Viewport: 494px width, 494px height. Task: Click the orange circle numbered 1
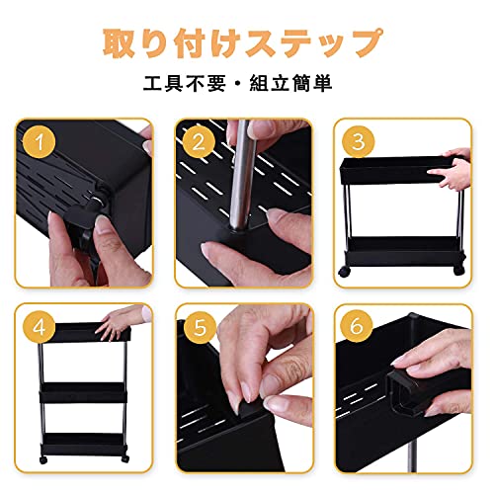[x=40, y=142]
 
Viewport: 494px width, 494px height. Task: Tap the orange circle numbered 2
[x=199, y=142]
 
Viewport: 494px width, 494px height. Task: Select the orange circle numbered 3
[x=358, y=141]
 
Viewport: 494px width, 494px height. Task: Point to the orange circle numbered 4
[x=40, y=327]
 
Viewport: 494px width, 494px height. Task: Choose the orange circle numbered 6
[x=357, y=326]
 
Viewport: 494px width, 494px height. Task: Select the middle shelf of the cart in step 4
[x=83, y=392]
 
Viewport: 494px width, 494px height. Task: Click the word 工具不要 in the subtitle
[x=185, y=83]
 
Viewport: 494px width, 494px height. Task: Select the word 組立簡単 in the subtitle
[x=290, y=83]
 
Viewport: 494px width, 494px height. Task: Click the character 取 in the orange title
[x=120, y=43]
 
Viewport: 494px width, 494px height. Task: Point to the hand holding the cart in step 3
[x=451, y=169]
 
